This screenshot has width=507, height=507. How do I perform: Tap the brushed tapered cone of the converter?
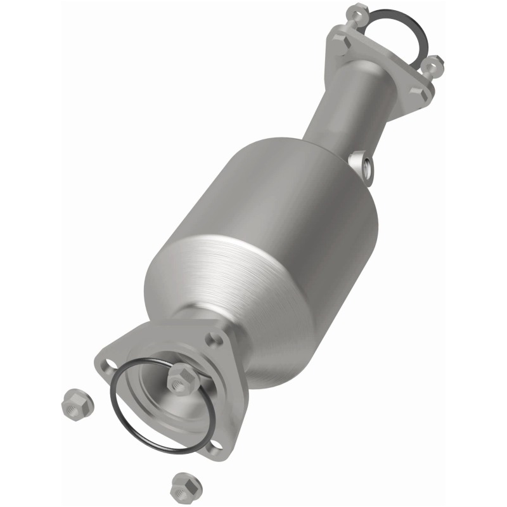click(215, 279)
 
